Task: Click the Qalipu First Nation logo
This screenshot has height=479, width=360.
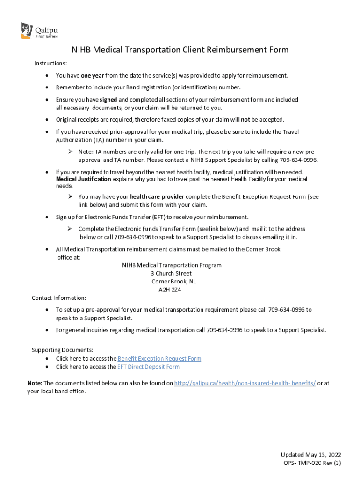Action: pos(39,31)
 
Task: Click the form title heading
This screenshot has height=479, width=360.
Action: pos(180,50)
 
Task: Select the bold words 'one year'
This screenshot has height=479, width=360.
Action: pos(93,75)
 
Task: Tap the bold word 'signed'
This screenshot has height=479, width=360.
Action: pos(108,100)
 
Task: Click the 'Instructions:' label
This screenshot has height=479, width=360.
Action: pos(51,63)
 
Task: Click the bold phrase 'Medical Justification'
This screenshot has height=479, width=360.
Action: pos(84,179)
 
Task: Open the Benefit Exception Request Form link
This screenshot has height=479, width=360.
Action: pos(159,359)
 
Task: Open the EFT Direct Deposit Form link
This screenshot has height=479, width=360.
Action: pos(149,367)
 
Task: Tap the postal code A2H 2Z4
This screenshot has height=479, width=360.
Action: pos(170,290)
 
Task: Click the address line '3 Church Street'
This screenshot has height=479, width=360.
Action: pos(171,273)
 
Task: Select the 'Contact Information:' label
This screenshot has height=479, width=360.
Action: pos(58,298)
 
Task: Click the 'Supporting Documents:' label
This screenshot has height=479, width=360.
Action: pos(62,350)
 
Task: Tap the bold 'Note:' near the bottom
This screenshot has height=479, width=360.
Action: pos(35,383)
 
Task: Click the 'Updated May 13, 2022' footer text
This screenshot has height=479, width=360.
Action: pos(311,455)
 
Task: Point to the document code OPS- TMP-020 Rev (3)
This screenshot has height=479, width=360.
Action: pos(312,463)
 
